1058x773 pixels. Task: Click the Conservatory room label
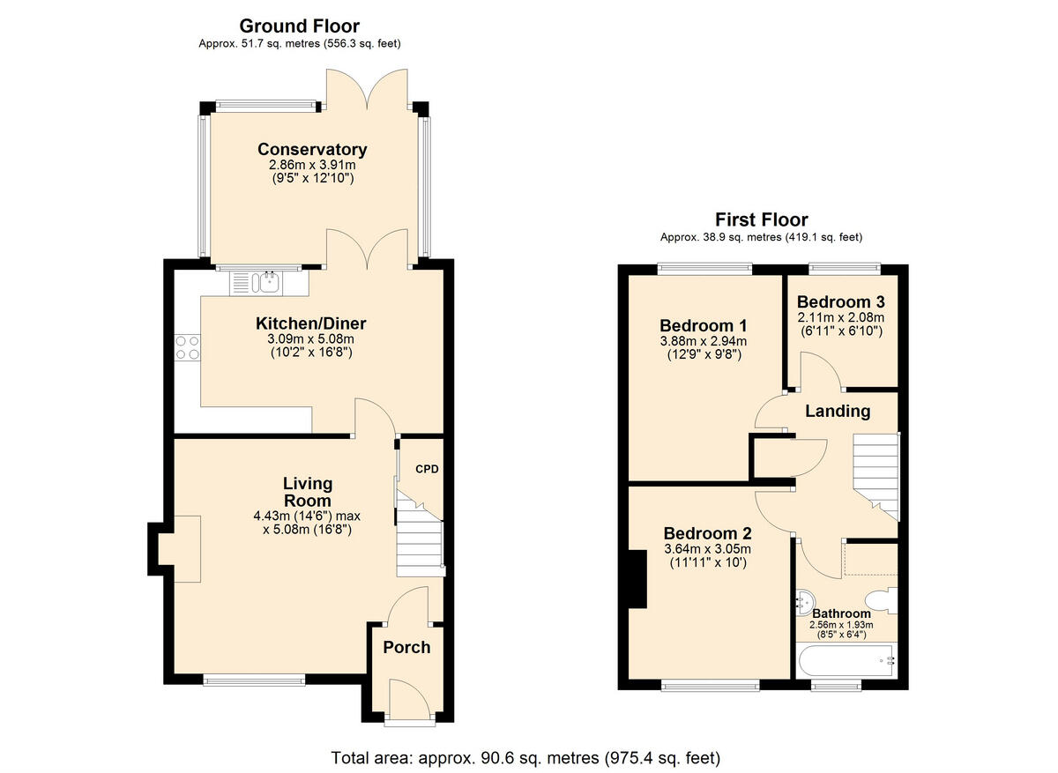pyautogui.click(x=312, y=149)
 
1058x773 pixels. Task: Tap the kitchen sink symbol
pyautogui.click(x=265, y=282)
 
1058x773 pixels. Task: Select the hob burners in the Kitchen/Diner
pyautogui.click(x=187, y=347)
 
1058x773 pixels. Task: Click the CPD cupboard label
pyautogui.click(x=427, y=469)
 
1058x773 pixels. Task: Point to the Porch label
pyautogui.click(x=406, y=647)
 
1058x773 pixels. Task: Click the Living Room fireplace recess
pyautogui.click(x=179, y=548)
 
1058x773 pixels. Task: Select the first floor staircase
pyautogui.click(x=875, y=476)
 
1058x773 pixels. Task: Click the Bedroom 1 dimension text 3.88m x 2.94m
pyautogui.click(x=704, y=342)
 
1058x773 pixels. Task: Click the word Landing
pyautogui.click(x=838, y=411)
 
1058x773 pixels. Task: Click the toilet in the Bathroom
pyautogui.click(x=884, y=600)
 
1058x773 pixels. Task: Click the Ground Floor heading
pyautogui.click(x=300, y=26)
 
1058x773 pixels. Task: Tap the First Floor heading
pyautogui.click(x=761, y=219)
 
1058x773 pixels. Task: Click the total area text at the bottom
pyautogui.click(x=525, y=757)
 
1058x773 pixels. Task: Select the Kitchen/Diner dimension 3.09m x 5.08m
pyautogui.click(x=311, y=339)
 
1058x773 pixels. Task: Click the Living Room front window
pyautogui.click(x=254, y=679)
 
